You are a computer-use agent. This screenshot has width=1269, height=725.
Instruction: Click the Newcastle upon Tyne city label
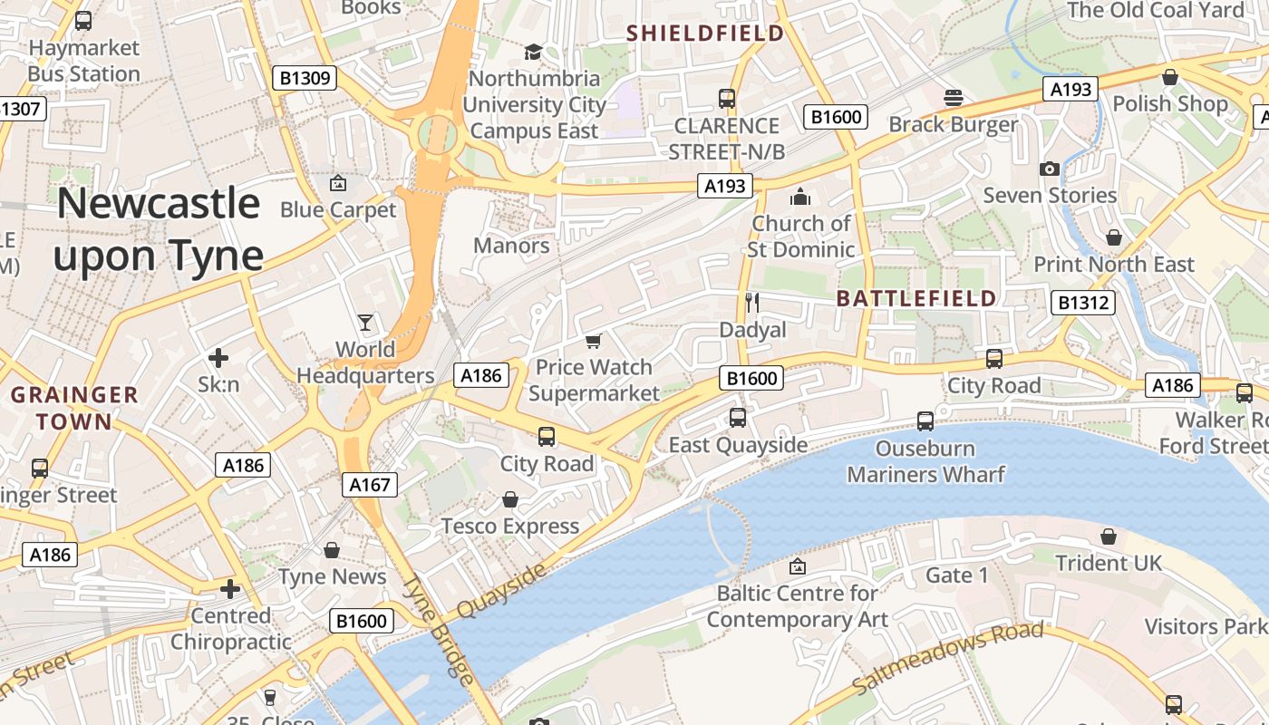tap(159, 229)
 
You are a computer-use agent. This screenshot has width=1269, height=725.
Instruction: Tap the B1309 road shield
tap(305, 78)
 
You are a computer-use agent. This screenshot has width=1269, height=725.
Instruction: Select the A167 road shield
tap(370, 485)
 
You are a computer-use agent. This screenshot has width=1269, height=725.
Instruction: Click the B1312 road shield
tap(1083, 302)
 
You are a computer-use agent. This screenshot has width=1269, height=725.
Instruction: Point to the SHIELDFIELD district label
tap(705, 34)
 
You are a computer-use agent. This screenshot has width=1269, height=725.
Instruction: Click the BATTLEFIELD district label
tap(916, 298)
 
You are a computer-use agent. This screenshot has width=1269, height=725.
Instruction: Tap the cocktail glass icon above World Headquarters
tap(365, 323)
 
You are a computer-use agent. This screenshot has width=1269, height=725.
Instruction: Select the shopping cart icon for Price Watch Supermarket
tap(594, 341)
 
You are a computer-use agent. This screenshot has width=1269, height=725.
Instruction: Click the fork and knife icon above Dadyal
tap(751, 302)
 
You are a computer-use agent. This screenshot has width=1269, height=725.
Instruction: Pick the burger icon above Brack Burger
tap(953, 96)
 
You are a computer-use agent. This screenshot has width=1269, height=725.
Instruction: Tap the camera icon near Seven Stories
tap(1050, 169)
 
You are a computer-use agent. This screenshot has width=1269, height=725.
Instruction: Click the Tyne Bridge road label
tap(439, 630)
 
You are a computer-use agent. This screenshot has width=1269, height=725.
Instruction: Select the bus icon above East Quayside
tap(738, 418)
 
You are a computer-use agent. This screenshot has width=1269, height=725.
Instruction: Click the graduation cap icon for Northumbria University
tap(534, 52)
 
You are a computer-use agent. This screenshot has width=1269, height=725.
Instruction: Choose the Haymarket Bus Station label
tap(83, 61)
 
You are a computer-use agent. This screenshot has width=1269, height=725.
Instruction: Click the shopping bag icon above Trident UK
tap(1108, 536)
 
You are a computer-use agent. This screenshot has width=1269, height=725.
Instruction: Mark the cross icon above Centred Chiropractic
tap(231, 589)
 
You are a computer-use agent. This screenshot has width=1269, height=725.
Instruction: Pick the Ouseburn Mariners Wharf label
tap(925, 461)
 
